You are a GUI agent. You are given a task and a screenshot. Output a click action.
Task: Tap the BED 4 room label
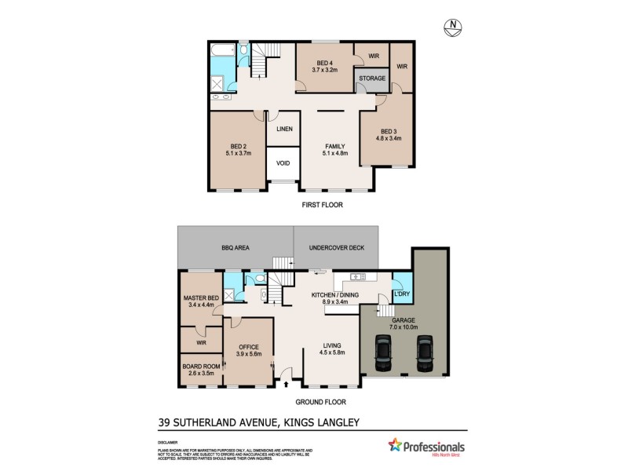[x=325, y=63]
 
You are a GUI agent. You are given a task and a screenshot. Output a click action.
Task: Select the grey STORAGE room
[x=372, y=78]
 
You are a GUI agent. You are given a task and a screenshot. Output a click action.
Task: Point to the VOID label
[x=283, y=163]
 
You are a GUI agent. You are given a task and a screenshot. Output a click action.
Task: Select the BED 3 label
[x=390, y=131]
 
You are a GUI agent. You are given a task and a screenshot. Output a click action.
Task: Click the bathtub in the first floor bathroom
[x=222, y=53]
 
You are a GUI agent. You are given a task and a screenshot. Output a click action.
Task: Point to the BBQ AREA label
[x=235, y=247]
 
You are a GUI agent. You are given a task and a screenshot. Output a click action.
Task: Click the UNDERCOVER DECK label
[x=334, y=247]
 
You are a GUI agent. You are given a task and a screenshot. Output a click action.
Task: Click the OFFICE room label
[x=248, y=347]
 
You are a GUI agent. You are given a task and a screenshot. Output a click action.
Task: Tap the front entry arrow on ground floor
[x=285, y=384]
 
